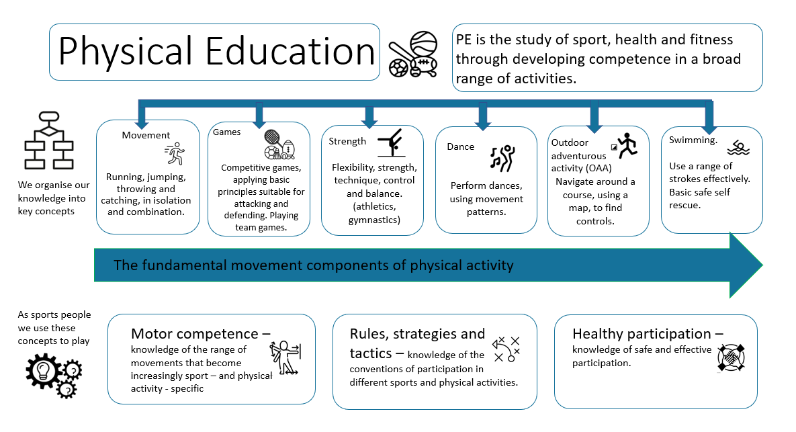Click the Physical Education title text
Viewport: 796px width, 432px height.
click(217, 52)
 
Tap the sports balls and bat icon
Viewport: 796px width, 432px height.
click(413, 54)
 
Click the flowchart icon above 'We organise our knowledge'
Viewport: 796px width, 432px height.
click(49, 140)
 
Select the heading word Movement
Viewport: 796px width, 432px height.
click(146, 135)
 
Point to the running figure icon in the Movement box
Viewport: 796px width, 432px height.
click(175, 153)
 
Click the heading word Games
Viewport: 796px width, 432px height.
click(226, 132)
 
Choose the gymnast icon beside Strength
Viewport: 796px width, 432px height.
click(392, 142)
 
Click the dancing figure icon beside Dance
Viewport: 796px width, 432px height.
click(502, 158)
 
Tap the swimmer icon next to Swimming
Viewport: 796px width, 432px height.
click(738, 148)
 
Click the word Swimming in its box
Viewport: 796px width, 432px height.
click(692, 140)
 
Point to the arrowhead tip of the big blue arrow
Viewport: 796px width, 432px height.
click(762, 265)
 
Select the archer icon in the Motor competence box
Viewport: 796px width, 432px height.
click(285, 357)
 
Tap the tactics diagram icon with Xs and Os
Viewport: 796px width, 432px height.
click(506, 349)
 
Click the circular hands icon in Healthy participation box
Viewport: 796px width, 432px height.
click(731, 357)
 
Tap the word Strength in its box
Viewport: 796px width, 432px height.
click(347, 141)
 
